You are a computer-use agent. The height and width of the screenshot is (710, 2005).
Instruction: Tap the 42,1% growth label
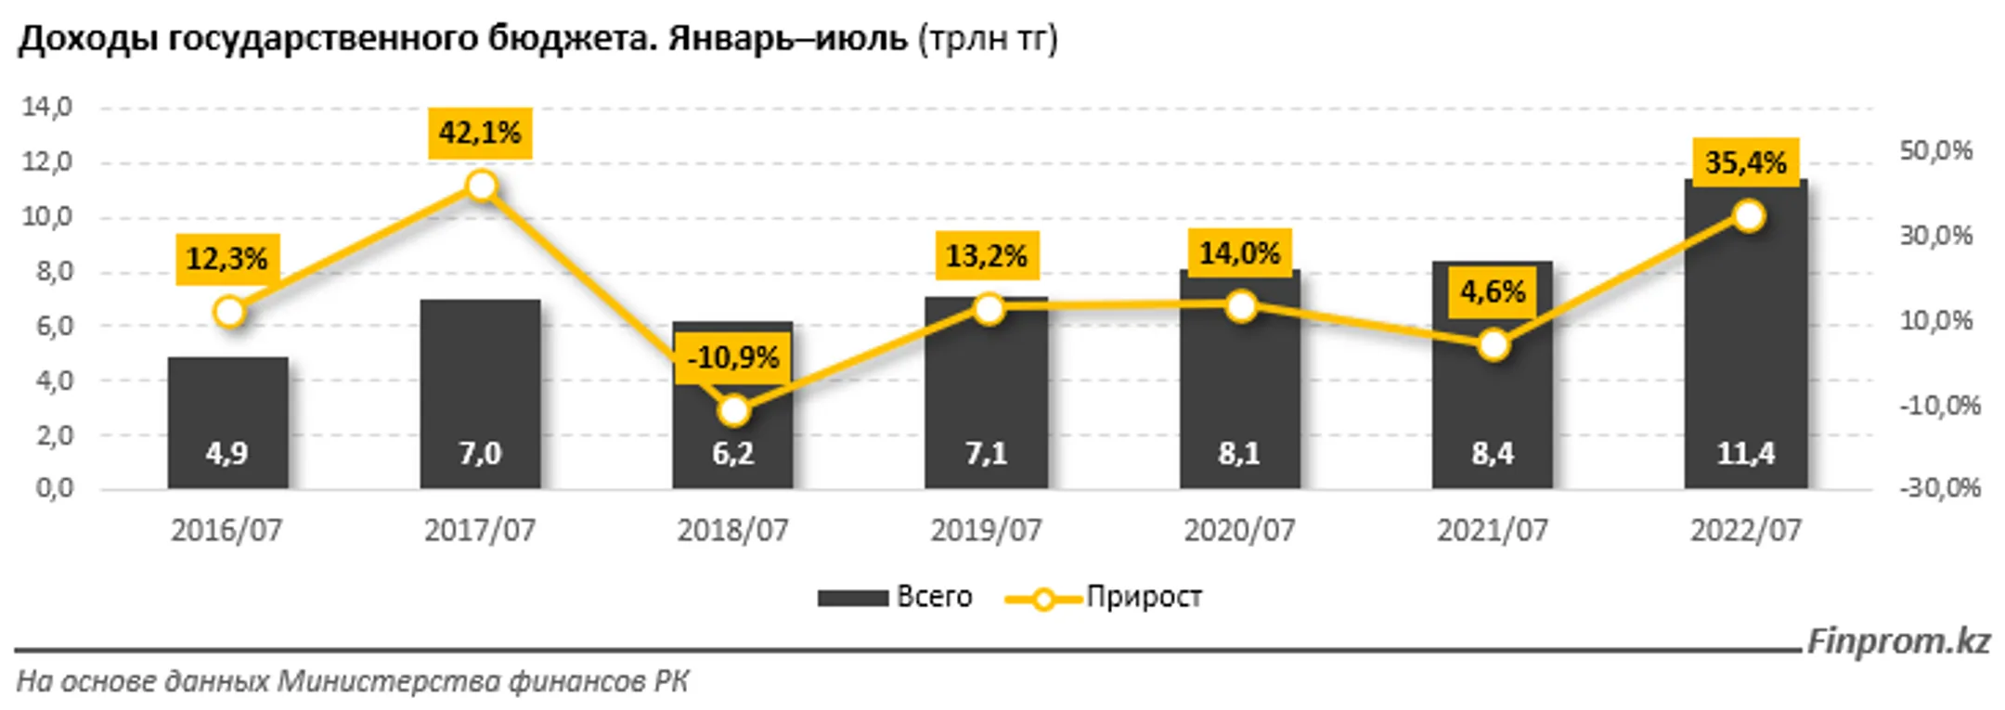pos(480,134)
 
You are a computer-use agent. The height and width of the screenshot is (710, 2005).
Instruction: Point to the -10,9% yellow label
pos(733,357)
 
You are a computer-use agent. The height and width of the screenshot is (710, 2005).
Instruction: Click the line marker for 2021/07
pos(1494,345)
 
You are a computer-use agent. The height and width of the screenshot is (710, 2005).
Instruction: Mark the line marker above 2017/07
pos(481,186)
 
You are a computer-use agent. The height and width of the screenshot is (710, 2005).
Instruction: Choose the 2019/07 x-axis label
pos(986,530)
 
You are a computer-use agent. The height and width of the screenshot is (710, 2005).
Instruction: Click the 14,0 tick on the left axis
pos(46,107)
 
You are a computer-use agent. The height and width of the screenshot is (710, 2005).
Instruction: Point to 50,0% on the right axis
pos(1935,150)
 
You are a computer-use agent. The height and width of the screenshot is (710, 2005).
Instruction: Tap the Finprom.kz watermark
pos(1897,641)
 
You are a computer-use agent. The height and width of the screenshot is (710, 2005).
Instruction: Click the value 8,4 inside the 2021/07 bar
pos(1493,453)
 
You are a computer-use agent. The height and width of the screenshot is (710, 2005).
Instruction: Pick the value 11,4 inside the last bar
pos(1745,453)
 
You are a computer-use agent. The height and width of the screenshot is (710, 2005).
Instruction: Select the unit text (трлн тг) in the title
pos(988,39)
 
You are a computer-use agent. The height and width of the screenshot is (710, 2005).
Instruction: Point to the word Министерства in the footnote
pos(388,682)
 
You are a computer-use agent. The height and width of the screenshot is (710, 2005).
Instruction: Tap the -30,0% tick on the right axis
pos(1939,487)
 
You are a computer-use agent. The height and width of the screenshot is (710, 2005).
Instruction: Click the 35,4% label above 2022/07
pos(1745,162)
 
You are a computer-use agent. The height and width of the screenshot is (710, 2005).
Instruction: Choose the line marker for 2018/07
pos(733,410)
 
